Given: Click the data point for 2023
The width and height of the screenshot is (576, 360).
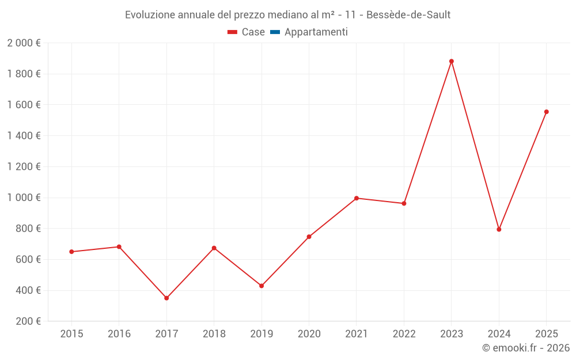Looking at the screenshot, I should coord(452,61).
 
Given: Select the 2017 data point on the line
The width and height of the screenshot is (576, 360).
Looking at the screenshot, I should coord(166,298).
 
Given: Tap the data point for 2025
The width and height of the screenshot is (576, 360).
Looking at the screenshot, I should coord(547,112).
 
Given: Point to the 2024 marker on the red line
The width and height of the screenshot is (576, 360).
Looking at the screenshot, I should coord(499,229).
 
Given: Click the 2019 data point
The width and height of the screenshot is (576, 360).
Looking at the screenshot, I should coord(262,286).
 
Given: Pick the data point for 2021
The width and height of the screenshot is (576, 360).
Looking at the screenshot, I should coord(357,198).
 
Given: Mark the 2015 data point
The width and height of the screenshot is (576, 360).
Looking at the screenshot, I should coord(71,252).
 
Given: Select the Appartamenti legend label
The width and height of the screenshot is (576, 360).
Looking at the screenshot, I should coord(316,32).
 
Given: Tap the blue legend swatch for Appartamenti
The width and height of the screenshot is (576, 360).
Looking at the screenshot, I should coord(275,32).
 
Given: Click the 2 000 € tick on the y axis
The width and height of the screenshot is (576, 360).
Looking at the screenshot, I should coord(24,43).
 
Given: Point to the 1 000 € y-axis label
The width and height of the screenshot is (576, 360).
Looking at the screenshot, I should coord(24,198).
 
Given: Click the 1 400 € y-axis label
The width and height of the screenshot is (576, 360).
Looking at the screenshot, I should coord(24,136).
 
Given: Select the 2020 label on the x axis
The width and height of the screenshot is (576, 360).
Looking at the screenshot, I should coord(309,334).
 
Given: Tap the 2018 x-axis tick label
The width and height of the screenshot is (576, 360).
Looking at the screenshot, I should coord(214,334).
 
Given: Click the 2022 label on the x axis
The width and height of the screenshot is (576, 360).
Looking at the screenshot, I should coord(404,334).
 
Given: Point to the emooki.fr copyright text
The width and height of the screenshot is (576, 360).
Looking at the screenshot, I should coord(526,348).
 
